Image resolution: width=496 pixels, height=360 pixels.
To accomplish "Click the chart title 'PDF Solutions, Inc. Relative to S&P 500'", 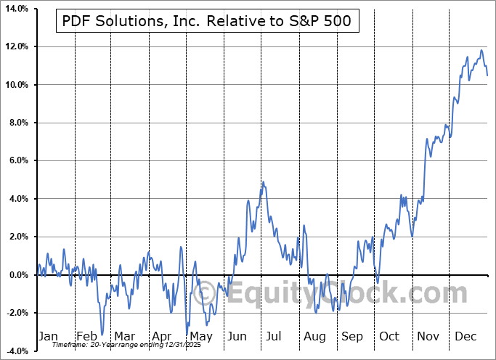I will [x=206, y=21].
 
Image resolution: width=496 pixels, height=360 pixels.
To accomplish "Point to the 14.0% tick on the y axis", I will [x=16, y=9].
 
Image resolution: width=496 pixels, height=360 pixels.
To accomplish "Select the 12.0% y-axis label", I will [x=16, y=47].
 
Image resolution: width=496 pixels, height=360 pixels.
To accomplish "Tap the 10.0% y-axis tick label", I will [x=16, y=85].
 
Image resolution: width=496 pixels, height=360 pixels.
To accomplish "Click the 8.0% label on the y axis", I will [x=17, y=123].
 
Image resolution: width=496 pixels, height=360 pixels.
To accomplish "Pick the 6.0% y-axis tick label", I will [x=17, y=160].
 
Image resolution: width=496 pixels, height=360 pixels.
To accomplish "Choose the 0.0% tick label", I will [x=17, y=274].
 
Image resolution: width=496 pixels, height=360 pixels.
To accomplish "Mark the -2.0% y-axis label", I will [x=17, y=313].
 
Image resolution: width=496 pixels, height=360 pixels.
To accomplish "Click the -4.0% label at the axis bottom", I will [x=17, y=351].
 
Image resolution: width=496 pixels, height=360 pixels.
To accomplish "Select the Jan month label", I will [x=47, y=336].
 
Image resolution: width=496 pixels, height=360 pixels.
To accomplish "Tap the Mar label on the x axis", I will [x=123, y=336].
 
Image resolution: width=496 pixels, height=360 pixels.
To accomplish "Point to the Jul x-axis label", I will [x=274, y=336].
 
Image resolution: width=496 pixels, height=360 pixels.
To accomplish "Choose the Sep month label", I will [x=351, y=336].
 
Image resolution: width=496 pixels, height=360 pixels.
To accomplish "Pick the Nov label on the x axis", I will [x=428, y=336].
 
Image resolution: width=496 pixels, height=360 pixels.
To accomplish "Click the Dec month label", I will [x=465, y=336].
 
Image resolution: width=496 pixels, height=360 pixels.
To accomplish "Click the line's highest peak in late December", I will [x=481, y=50].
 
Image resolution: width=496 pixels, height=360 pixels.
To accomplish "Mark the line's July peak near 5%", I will [x=263, y=181].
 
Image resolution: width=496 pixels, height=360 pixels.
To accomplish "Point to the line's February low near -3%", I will [x=102, y=334].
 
